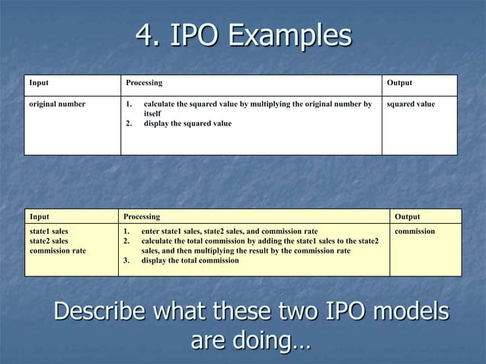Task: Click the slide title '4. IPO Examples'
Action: (x=243, y=35)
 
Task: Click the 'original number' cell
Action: (x=57, y=104)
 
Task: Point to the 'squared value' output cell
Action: (x=411, y=104)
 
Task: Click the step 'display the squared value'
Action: (x=187, y=123)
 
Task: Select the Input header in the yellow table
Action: (x=39, y=217)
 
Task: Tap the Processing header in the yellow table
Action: (x=142, y=217)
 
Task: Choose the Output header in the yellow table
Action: (x=407, y=217)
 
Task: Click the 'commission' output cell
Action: (x=415, y=230)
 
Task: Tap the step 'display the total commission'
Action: (x=190, y=260)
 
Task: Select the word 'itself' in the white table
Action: (x=152, y=113)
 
